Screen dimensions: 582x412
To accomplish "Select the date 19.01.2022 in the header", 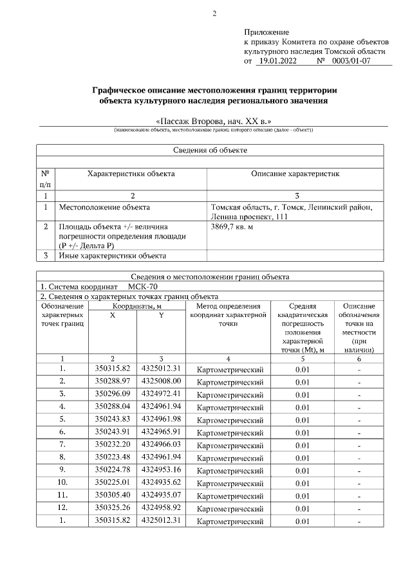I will click(x=277, y=61).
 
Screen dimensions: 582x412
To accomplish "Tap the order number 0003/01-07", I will click(x=352, y=61).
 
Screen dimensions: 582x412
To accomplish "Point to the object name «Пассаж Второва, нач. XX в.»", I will click(x=214, y=120).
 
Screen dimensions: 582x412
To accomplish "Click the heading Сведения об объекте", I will click(x=211, y=150).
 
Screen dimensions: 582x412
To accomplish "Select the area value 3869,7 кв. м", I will click(x=232, y=227).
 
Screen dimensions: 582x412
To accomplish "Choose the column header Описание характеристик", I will click(x=295, y=174).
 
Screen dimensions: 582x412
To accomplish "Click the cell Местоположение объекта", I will click(x=104, y=208).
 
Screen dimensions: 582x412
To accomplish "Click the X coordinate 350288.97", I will click(x=113, y=381).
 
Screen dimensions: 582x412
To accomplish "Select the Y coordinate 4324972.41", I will click(x=161, y=393).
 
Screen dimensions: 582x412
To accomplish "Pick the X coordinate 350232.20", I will click(x=113, y=444).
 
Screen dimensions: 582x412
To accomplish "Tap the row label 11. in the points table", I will click(x=62, y=495).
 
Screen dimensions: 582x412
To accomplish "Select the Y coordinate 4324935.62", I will click(x=161, y=482).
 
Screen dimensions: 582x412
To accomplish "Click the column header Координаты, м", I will click(x=136, y=307).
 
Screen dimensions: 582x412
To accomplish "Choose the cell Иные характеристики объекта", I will click(x=113, y=256).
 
